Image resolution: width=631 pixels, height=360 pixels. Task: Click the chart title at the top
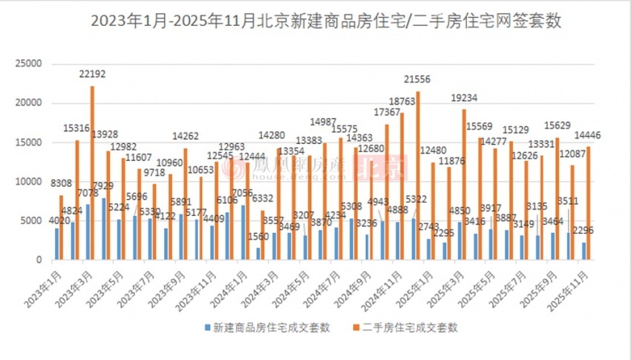coord(315,22)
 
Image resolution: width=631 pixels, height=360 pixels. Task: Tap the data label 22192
coord(92,73)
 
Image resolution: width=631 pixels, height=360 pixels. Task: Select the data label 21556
coord(418,79)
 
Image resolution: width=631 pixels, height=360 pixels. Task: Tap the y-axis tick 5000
coord(32,220)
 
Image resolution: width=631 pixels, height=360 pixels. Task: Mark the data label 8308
coord(61,183)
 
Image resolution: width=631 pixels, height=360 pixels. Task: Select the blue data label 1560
coord(259,235)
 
